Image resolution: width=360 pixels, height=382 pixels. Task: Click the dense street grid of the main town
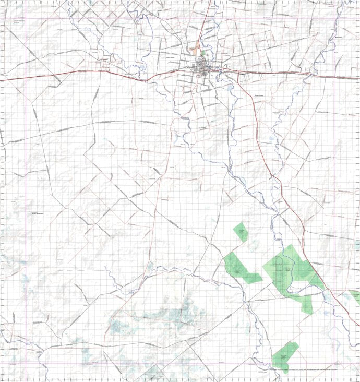tap(202, 67)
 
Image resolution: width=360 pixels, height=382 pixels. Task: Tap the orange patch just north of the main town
tap(196, 51)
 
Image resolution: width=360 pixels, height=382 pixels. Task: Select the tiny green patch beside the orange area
tap(203, 53)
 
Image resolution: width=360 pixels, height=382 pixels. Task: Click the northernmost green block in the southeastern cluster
tap(241, 231)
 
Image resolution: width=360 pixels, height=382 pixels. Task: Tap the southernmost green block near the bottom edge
tap(285, 355)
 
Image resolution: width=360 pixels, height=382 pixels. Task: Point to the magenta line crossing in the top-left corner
tap(26, 19)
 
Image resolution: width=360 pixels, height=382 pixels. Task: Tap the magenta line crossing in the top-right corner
tap(334, 19)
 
